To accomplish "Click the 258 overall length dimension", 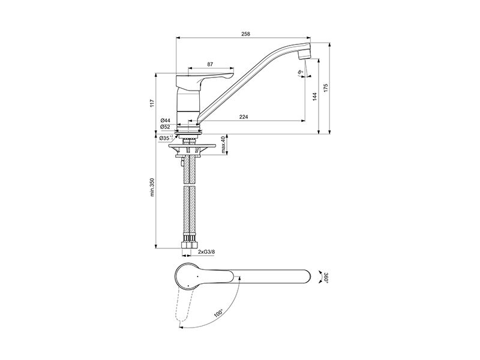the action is pos(245,34).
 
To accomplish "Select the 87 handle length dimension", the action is pos(210,64).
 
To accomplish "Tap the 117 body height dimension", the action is pos(152,103).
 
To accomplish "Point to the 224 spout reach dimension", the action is pos(244,116).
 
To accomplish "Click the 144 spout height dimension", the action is pos(315,97).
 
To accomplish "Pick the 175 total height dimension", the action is pos(326,88).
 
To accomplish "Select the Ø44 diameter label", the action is pos(165,121).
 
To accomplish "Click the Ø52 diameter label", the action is pos(165,127).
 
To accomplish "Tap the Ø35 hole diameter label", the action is pos(166,138).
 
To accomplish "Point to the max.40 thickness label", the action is pos(223,145).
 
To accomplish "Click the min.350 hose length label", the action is pos(152,187).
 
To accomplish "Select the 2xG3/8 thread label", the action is pos(206,252).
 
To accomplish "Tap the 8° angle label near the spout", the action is pos(301,73).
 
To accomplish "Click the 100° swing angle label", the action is pos(218,314).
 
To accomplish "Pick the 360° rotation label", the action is pos(326,277).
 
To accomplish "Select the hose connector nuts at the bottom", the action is pos(190,245).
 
